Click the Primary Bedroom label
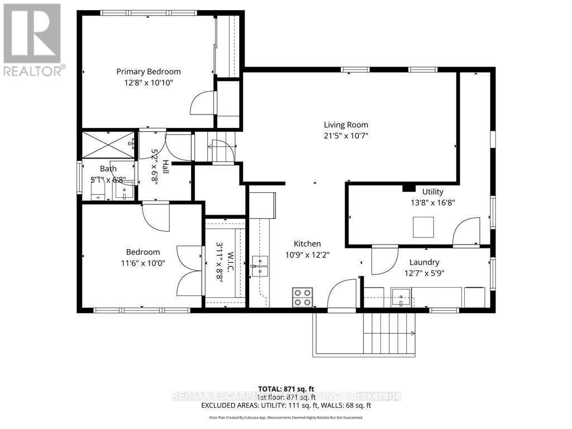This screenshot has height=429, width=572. [x=148, y=71]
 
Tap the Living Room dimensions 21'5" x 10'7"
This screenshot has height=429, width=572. [x=346, y=136]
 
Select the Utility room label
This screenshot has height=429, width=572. [x=432, y=192]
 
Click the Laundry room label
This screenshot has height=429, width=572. [x=424, y=262]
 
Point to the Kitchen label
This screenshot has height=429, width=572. [x=307, y=244]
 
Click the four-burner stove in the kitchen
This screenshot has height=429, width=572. [x=303, y=297]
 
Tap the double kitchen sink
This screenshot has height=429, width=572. [x=259, y=266]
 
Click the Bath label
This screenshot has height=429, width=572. [x=108, y=169]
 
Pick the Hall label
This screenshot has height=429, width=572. [x=165, y=166]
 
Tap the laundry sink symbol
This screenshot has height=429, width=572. [x=401, y=297]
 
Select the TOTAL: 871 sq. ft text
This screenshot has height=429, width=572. [x=286, y=388]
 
